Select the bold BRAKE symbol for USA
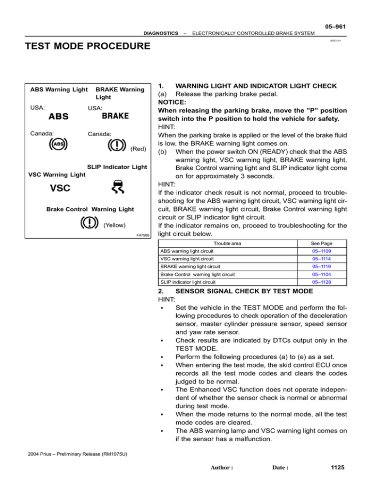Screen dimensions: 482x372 (x=115, y=116)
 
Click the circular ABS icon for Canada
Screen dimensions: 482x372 (x=58, y=144)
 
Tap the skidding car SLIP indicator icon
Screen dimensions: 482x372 (x=116, y=186)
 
